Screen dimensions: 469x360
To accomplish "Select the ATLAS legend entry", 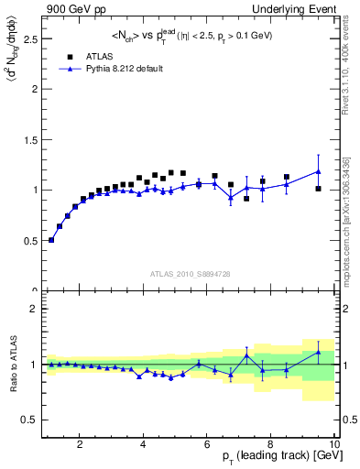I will (x=98, y=56).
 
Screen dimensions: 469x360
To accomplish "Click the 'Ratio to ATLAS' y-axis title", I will (x=11, y=364).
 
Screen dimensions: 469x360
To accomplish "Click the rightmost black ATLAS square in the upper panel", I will (x=318, y=189).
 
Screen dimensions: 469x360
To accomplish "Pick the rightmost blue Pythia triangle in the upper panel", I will (x=318, y=171).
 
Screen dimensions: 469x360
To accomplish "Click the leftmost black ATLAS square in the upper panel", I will (x=51, y=240).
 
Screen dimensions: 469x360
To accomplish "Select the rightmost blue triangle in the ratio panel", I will (x=318, y=352).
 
